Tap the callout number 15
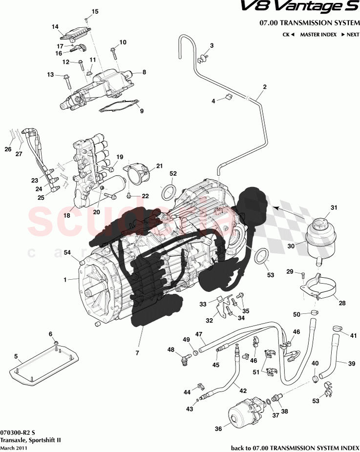pyautogui.click(x=95, y=11)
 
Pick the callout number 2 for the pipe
pyautogui.click(x=264, y=87)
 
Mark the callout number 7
pyautogui.click(x=137, y=352)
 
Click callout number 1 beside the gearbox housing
pyautogui.click(x=65, y=280)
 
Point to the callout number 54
pyautogui.click(x=68, y=252)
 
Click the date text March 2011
pyautogui.click(x=14, y=448)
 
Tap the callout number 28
pyautogui.click(x=342, y=303)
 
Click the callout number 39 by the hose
pyautogui.click(x=351, y=363)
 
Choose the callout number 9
pyautogui.click(x=142, y=111)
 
